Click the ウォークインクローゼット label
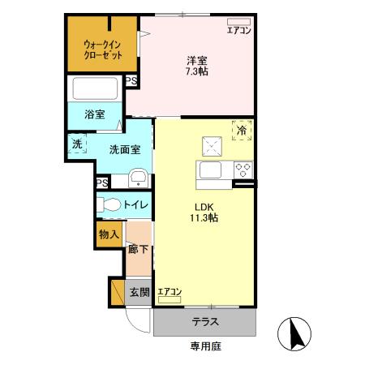coord(103,49)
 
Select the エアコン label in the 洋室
coord(239,31)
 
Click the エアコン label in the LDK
coord(170,292)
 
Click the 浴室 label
coord(95,114)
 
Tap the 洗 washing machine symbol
coord(77,144)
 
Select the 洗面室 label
coord(126,149)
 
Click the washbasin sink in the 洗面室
coord(138,178)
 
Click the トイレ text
coord(135,205)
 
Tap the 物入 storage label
coord(109,234)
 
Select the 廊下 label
coord(138,249)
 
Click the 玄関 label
coord(139,292)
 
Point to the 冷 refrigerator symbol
coord(242,130)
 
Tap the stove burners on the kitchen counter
coord(243,170)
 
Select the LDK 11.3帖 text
coord(202,212)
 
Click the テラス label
coord(205,322)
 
